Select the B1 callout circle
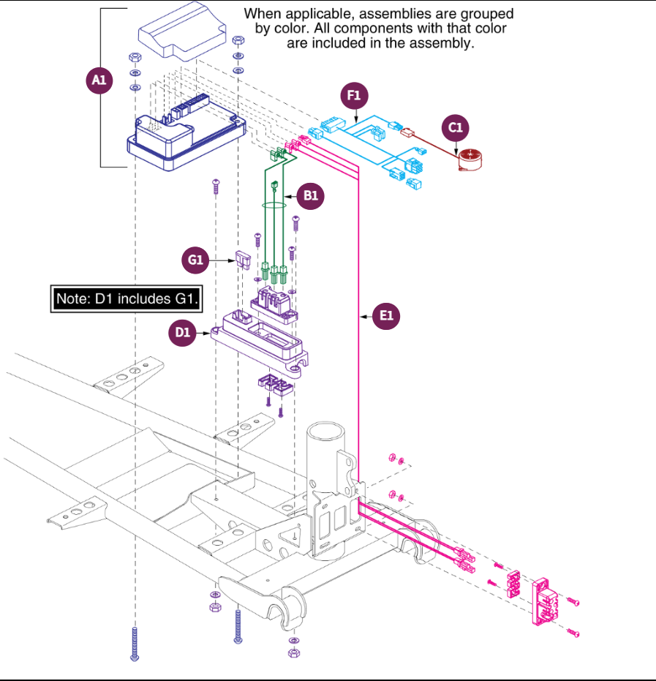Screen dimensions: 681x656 pos(312,196)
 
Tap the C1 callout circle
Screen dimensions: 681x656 pos(456,128)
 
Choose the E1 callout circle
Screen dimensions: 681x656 pos(387,316)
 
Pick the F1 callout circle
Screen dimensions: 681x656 pos(355,96)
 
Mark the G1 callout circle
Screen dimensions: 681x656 pos(195,258)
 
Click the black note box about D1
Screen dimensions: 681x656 pos(124,298)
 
